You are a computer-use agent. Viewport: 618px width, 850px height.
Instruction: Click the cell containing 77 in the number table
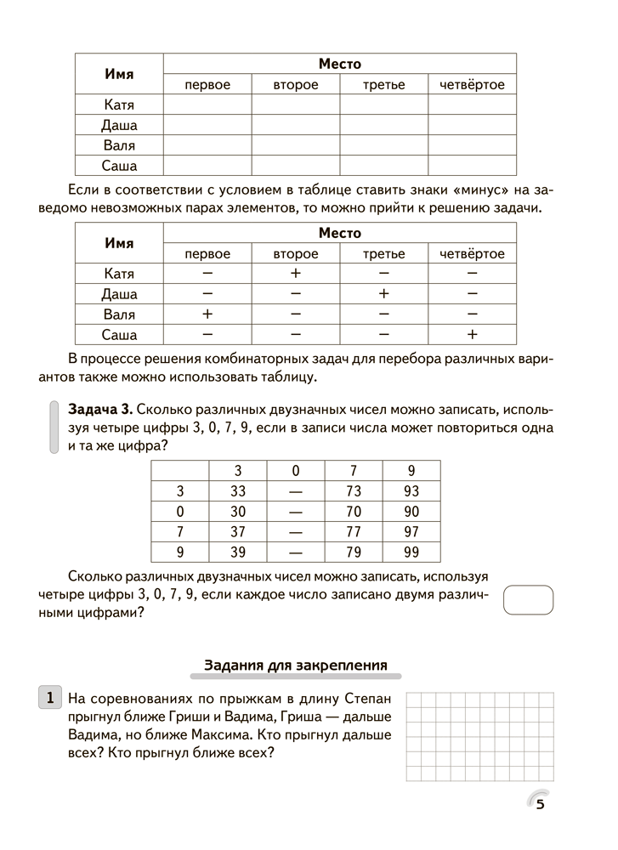(354, 532)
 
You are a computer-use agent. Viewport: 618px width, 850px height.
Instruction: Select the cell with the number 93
(411, 491)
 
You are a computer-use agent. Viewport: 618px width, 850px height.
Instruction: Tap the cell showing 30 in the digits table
(237, 512)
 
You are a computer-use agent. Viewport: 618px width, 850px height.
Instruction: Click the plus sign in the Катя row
(296, 274)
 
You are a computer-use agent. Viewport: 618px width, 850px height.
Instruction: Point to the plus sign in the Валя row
(207, 314)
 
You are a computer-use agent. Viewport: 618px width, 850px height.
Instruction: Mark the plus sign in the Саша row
(473, 335)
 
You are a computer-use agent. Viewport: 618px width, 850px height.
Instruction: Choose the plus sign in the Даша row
(383, 294)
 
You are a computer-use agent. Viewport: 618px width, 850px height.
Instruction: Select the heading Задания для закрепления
(296, 665)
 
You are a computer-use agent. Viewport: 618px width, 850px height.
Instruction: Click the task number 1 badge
(50, 699)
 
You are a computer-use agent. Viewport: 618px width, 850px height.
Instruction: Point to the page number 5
(540, 807)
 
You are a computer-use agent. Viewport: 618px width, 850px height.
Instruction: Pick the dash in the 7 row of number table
(295, 532)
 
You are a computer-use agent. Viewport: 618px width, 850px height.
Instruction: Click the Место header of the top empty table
(339, 64)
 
